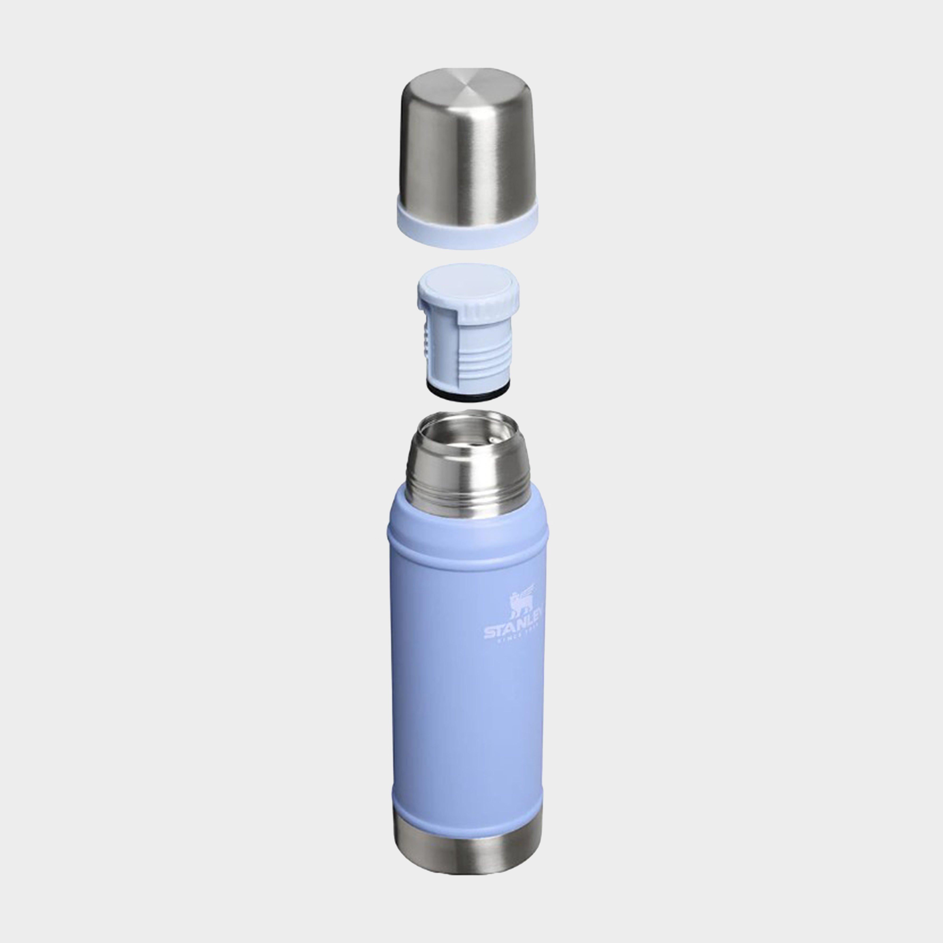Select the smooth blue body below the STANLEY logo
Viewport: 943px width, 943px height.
[467, 722]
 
